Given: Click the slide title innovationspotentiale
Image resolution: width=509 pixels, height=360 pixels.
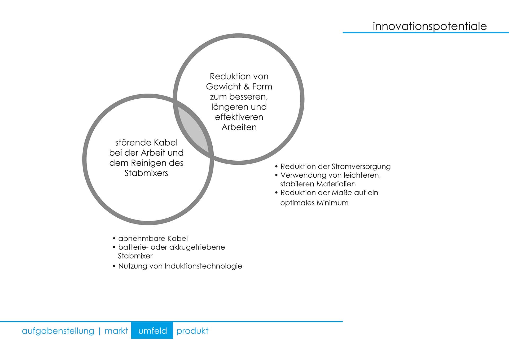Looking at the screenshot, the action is click(x=429, y=26).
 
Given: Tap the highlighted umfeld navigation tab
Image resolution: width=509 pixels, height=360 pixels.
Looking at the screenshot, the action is click(x=152, y=330).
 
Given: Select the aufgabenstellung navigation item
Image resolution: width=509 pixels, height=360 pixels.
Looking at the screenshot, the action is click(x=58, y=331).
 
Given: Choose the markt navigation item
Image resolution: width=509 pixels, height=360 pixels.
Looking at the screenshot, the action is click(x=116, y=331).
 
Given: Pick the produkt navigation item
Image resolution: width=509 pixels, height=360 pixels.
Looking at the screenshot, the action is click(x=192, y=331).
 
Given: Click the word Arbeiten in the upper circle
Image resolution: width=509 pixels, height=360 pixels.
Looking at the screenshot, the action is click(x=239, y=127).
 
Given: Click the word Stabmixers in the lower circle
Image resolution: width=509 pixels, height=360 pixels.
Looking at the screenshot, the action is click(x=146, y=173).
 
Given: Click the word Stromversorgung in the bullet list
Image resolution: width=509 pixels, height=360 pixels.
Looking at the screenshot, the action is click(x=361, y=167).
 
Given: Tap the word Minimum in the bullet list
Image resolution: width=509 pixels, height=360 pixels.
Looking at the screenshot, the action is click(x=332, y=203).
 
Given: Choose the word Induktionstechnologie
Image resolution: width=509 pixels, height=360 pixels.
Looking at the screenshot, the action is click(x=203, y=266).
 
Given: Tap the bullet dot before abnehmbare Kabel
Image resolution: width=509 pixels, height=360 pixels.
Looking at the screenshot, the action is click(x=114, y=239).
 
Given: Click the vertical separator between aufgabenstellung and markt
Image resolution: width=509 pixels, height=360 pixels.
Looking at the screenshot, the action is click(x=99, y=331).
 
